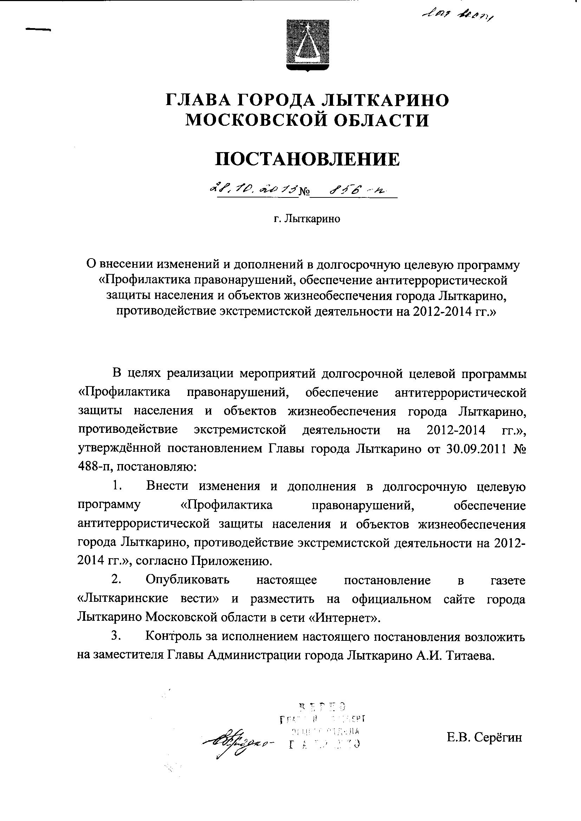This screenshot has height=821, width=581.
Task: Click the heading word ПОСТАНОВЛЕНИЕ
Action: click(x=307, y=159)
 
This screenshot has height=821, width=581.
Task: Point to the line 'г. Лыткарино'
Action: click(x=307, y=219)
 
